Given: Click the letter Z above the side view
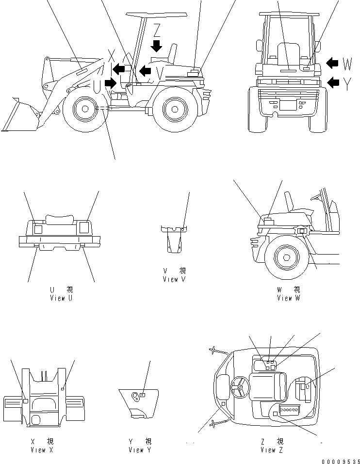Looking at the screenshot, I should [x=156, y=31].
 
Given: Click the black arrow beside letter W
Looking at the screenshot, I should [x=333, y=63].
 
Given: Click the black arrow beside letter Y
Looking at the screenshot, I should [x=333, y=82].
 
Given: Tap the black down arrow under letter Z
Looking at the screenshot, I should [x=156, y=46].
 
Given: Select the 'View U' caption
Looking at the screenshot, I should [x=61, y=298].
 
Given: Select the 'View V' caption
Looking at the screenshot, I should [x=174, y=279].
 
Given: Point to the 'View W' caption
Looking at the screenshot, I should [x=288, y=298].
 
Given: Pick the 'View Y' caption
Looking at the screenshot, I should [x=140, y=449].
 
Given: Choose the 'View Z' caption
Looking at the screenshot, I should [x=272, y=449].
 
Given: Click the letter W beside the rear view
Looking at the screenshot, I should [x=348, y=63].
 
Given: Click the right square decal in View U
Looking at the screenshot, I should [x=83, y=226].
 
